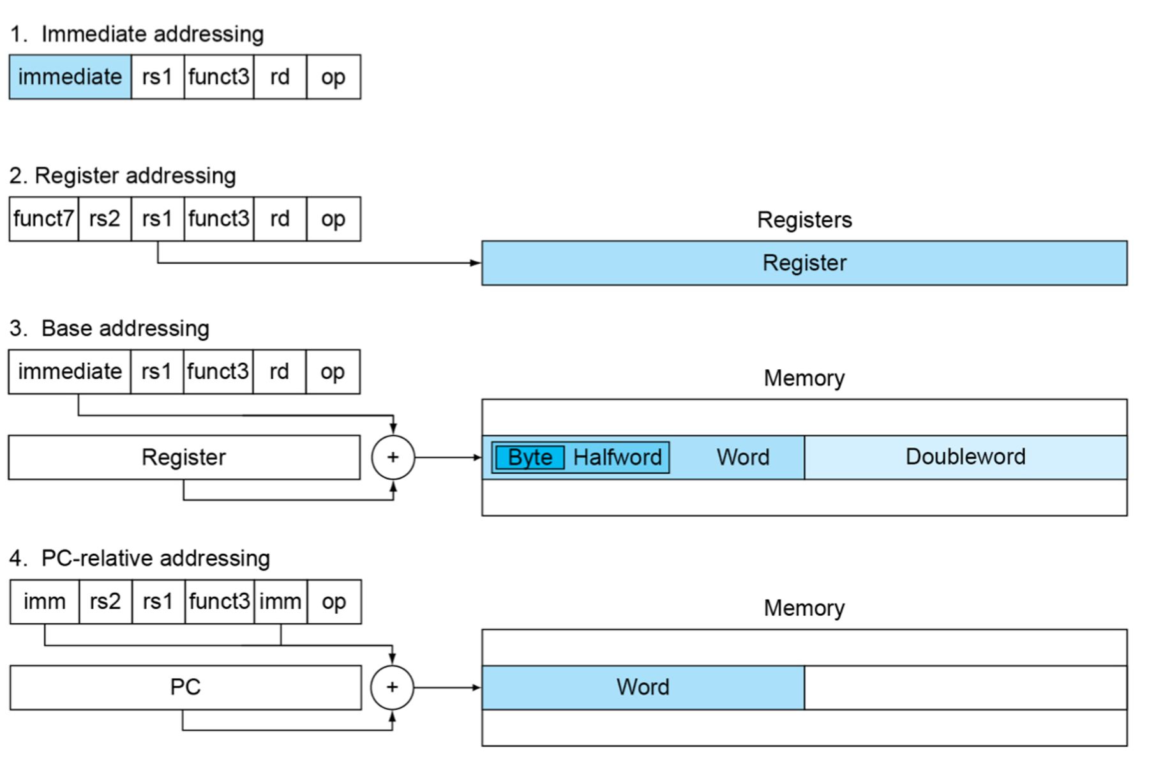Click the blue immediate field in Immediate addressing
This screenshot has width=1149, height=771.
tap(70, 77)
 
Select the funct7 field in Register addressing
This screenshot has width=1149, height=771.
tap(44, 219)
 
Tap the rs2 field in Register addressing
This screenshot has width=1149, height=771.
tap(105, 219)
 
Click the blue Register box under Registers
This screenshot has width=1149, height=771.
tap(804, 263)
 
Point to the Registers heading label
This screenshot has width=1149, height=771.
tap(804, 220)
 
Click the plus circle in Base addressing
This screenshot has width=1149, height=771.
tap(393, 457)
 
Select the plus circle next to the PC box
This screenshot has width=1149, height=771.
tap(392, 687)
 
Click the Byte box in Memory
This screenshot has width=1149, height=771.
tap(530, 457)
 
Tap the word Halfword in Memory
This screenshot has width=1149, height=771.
tap(617, 457)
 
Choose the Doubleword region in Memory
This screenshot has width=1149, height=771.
tap(966, 457)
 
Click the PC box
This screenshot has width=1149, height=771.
tap(186, 688)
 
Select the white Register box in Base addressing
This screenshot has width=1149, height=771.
tap(184, 457)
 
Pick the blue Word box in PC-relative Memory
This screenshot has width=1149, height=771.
tap(643, 688)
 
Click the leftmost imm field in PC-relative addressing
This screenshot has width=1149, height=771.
tap(45, 602)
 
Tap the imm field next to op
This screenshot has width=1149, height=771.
tap(281, 602)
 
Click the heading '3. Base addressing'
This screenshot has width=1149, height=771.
tap(109, 328)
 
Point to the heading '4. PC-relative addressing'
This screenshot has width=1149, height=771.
tap(140, 558)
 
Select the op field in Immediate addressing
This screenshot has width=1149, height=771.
tap(333, 77)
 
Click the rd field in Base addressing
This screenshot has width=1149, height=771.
tap(280, 372)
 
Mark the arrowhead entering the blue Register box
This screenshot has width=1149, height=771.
tap(476, 263)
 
